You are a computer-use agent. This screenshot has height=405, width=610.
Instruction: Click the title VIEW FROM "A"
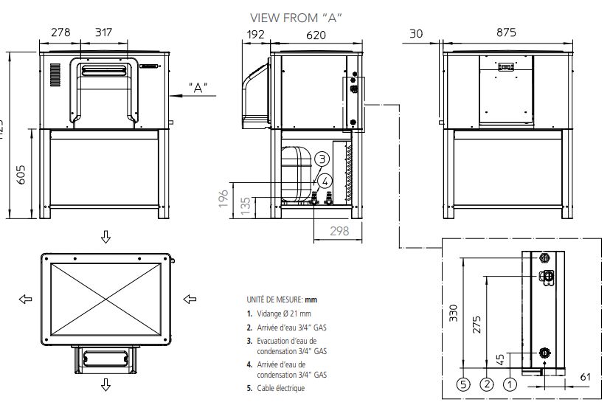click(297, 17)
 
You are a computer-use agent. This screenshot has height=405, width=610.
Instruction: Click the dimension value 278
click(60, 32)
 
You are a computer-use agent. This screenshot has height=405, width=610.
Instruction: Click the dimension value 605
click(21, 174)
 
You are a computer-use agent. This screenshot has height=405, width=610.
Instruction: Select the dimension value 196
click(223, 198)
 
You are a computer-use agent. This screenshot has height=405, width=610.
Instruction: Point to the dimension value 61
click(586, 377)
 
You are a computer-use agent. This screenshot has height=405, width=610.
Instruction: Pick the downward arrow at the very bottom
click(105, 384)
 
